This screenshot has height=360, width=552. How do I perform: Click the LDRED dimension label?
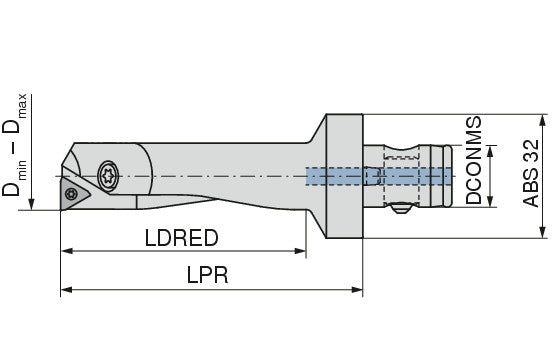coord(182,238)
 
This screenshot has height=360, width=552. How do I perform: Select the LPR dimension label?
coord(207,275)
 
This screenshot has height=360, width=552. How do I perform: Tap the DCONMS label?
coord(473,160)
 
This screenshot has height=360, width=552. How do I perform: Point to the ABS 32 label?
coord(531,173)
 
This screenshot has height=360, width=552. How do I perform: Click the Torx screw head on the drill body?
coord(108,176)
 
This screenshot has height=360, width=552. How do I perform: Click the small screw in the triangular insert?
coord(71,194)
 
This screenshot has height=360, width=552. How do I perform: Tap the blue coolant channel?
coord(378,176)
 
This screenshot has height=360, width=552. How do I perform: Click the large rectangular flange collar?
coord(344,176)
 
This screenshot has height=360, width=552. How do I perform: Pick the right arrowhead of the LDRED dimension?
coord(300,251)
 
